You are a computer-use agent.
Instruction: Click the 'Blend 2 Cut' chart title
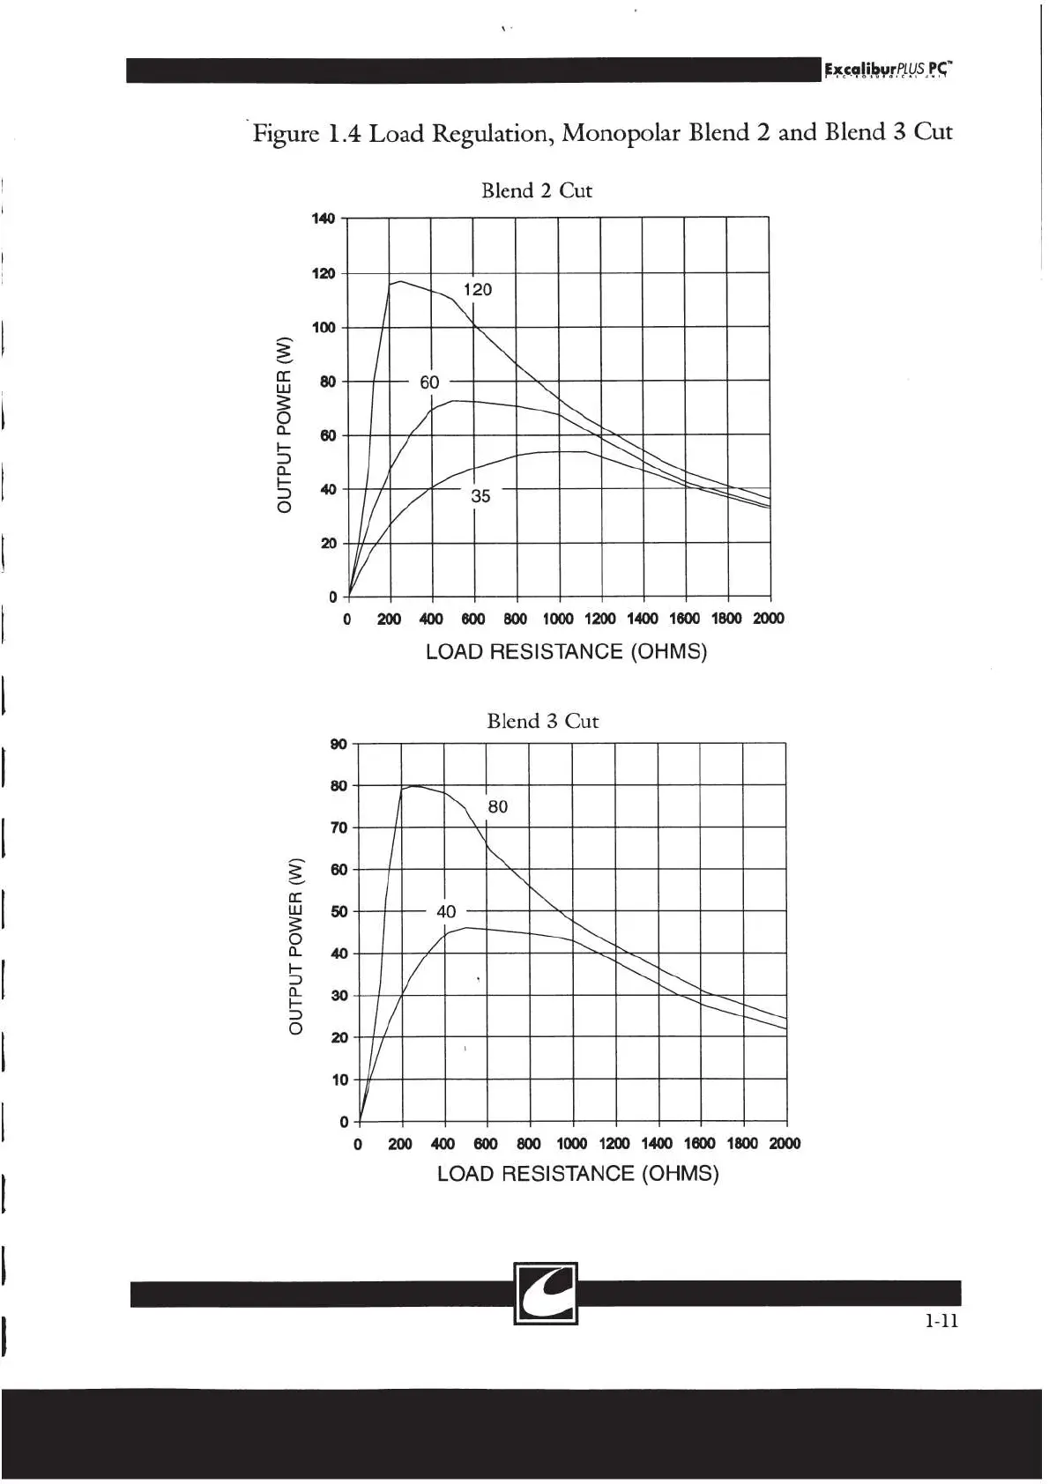pos(536,190)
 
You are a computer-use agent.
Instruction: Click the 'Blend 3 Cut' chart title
pos(542,721)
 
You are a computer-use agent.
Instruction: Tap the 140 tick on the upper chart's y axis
pos(324,218)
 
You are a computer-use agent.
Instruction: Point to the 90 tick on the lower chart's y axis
pos(338,744)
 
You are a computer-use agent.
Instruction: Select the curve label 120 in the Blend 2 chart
pos(478,290)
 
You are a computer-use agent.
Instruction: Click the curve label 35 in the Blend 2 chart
pos(480,496)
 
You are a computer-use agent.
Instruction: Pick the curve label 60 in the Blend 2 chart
pos(429,382)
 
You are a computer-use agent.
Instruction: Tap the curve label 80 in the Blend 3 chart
pos(498,806)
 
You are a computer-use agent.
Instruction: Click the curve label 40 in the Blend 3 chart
pos(446,911)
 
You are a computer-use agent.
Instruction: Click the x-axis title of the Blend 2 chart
pos(566,652)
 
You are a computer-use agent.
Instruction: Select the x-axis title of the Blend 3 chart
pos(578,1174)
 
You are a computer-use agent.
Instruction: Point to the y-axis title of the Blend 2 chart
pos(284,425)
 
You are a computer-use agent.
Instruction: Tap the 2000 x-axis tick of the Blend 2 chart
pos(768,619)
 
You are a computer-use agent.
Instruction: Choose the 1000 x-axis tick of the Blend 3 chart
pos(571,1144)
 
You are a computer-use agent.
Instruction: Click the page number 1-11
pos(941,1320)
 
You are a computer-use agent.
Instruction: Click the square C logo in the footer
pos(546,1294)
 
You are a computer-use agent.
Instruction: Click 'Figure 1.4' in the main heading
pos(307,134)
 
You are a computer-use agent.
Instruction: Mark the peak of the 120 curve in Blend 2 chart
pos(401,282)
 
